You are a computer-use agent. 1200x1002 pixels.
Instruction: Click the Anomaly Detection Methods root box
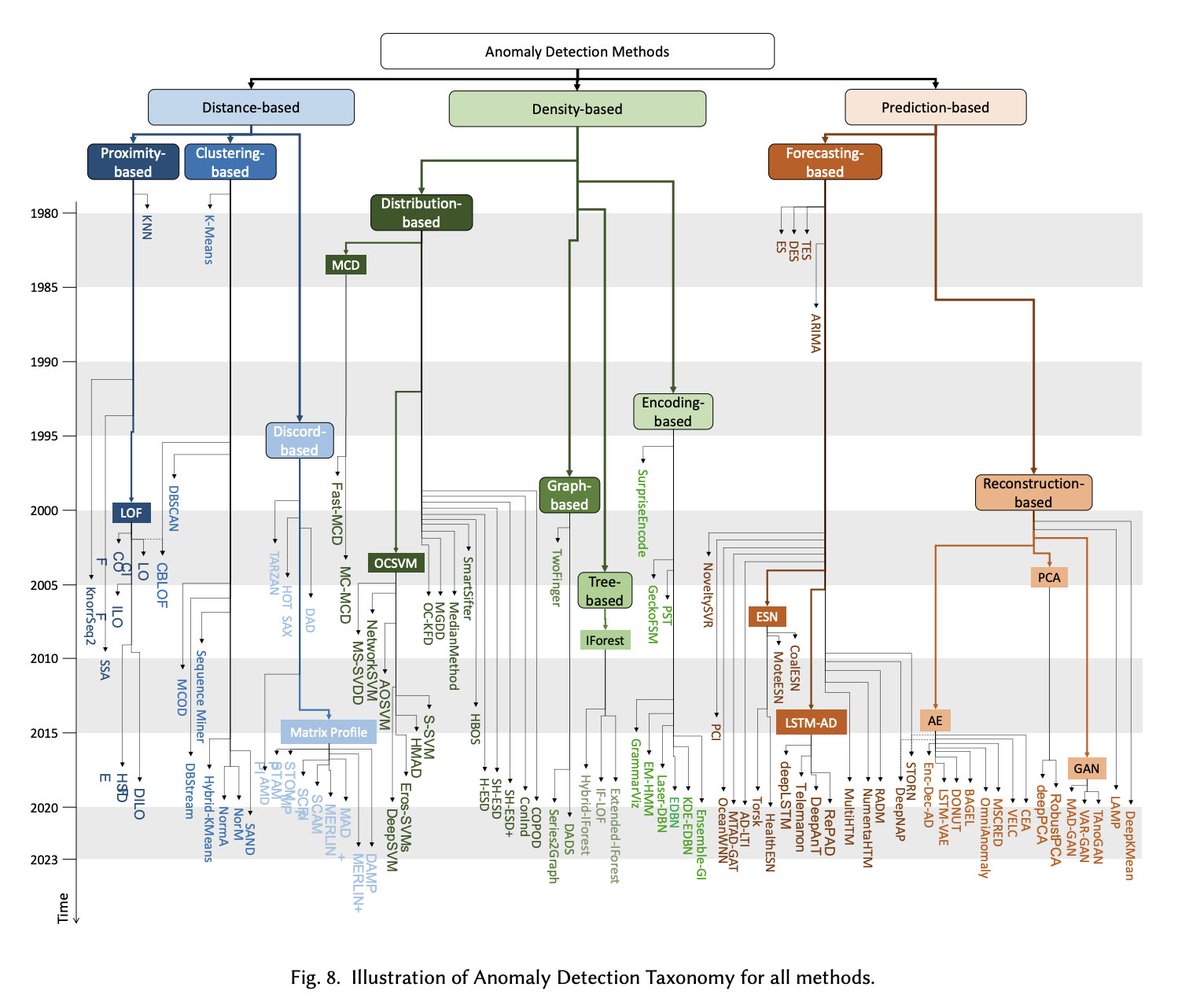click(x=577, y=51)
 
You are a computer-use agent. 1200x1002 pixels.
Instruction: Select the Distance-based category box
click(x=251, y=107)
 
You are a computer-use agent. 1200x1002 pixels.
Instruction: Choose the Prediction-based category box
click(x=935, y=107)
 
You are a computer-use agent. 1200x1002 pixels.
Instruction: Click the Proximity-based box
click(x=132, y=162)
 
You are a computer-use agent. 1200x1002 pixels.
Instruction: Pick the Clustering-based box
click(x=230, y=162)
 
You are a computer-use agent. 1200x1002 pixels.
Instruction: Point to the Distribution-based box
click(x=421, y=213)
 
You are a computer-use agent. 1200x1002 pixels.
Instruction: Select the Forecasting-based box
click(x=825, y=162)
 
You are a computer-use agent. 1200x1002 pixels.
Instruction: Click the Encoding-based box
click(x=673, y=411)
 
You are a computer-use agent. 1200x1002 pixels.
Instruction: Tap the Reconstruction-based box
click(x=1034, y=492)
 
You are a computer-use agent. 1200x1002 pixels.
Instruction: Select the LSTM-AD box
click(x=811, y=723)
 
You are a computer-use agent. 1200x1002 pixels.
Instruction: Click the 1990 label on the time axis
click(x=46, y=361)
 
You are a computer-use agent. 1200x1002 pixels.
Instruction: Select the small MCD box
click(x=345, y=265)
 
